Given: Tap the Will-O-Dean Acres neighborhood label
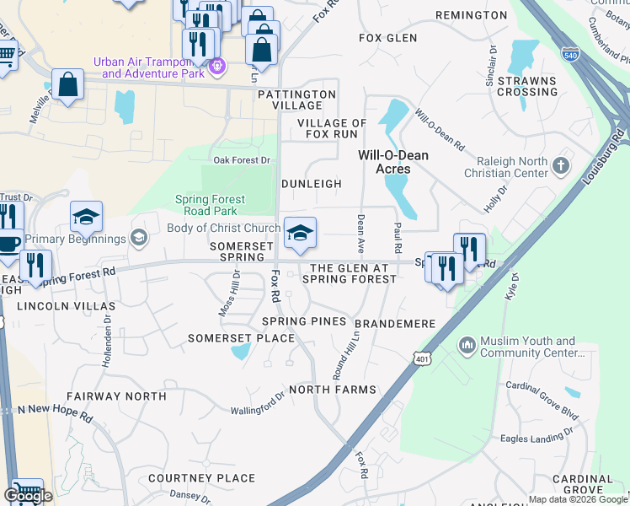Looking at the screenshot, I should [x=393, y=162].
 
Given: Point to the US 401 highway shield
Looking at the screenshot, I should [x=421, y=359].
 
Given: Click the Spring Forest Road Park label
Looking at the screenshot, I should [x=210, y=205].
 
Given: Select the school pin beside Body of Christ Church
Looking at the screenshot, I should [x=299, y=233].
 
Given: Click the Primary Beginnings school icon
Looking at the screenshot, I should [x=139, y=239].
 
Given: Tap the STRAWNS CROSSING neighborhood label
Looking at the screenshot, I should [x=527, y=86].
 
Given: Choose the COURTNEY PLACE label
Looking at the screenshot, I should [x=201, y=478].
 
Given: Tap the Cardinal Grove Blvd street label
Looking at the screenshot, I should [x=543, y=400].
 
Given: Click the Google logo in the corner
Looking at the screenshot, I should [x=28, y=496].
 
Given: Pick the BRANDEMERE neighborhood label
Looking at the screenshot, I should [x=394, y=324].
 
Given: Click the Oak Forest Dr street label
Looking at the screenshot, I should [x=241, y=159].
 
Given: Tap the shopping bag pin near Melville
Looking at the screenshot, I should [x=67, y=85].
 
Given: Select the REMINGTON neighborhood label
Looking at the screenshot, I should [x=472, y=15].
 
